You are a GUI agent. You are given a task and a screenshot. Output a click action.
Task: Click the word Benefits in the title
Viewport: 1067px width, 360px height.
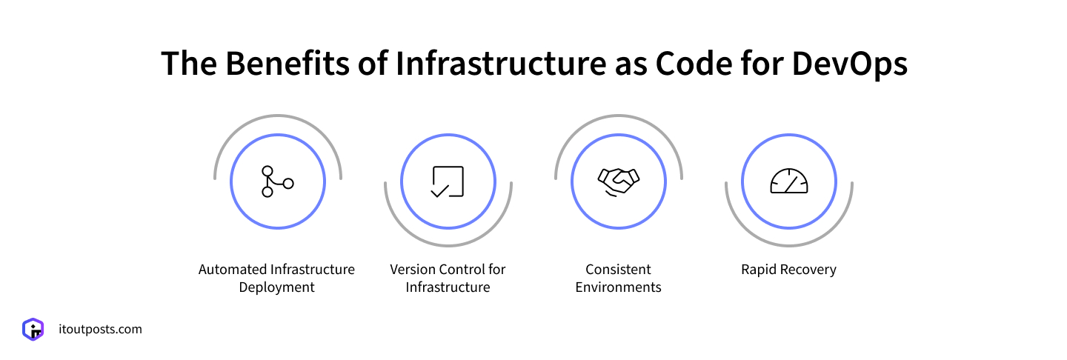pos(287,64)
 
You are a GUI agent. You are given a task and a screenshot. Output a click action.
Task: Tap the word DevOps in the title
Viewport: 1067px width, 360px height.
pos(849,64)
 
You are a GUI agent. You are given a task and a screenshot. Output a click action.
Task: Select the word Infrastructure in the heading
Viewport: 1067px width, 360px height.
pos(501,64)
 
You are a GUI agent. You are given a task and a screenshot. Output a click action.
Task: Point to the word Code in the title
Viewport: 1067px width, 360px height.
pos(694,64)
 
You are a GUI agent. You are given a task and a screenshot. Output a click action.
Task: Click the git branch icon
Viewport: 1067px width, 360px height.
pos(278,181)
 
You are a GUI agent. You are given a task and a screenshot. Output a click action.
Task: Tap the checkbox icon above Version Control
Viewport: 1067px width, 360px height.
pos(448,181)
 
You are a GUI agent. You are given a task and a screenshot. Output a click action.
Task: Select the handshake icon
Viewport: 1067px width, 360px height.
pos(618,182)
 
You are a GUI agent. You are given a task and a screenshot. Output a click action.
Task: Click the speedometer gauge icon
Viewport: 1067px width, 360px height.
pos(789,181)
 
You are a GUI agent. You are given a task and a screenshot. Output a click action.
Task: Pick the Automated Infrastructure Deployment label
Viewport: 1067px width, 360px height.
pos(277,278)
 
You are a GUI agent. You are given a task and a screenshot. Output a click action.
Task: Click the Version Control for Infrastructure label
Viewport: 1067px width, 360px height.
pos(448,278)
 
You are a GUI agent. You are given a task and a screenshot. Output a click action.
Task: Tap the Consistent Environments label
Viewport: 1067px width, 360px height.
pos(618,278)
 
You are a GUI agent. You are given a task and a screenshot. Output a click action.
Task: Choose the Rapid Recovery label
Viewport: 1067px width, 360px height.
pos(789,270)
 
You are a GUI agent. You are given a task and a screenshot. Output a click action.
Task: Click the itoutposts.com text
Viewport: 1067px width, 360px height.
pos(100,330)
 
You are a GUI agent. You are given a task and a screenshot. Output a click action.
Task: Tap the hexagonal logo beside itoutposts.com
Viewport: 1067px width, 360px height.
pos(33,330)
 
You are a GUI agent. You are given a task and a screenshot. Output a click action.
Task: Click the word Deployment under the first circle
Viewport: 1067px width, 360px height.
pos(277,287)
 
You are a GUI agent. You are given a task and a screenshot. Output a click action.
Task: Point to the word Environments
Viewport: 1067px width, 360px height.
pos(618,287)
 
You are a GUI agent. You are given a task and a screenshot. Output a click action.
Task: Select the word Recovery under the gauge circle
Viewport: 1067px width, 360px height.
pos(809,270)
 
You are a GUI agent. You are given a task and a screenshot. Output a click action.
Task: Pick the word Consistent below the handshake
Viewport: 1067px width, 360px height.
pos(618,270)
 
